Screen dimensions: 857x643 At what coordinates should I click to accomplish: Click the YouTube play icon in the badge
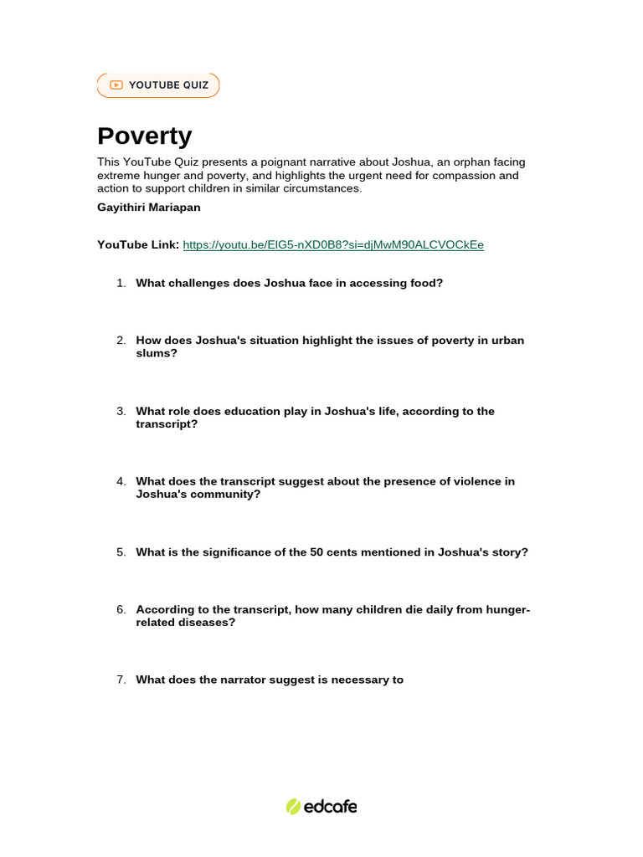[x=116, y=85]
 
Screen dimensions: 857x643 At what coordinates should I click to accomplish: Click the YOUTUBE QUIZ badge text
[x=168, y=85]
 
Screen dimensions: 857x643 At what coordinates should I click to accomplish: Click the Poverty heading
[x=144, y=136]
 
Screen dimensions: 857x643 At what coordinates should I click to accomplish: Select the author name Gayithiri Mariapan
[x=149, y=207]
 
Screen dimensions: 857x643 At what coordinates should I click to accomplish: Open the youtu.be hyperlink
[x=333, y=244]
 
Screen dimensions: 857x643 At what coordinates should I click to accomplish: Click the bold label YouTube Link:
[x=138, y=244]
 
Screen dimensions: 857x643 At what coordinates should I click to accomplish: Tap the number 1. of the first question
[x=121, y=283]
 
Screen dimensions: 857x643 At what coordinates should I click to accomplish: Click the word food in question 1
[x=424, y=283]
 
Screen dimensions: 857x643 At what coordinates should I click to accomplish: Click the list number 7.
[x=121, y=680]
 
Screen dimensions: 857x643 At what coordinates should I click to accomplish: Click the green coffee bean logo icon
[x=293, y=807]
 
